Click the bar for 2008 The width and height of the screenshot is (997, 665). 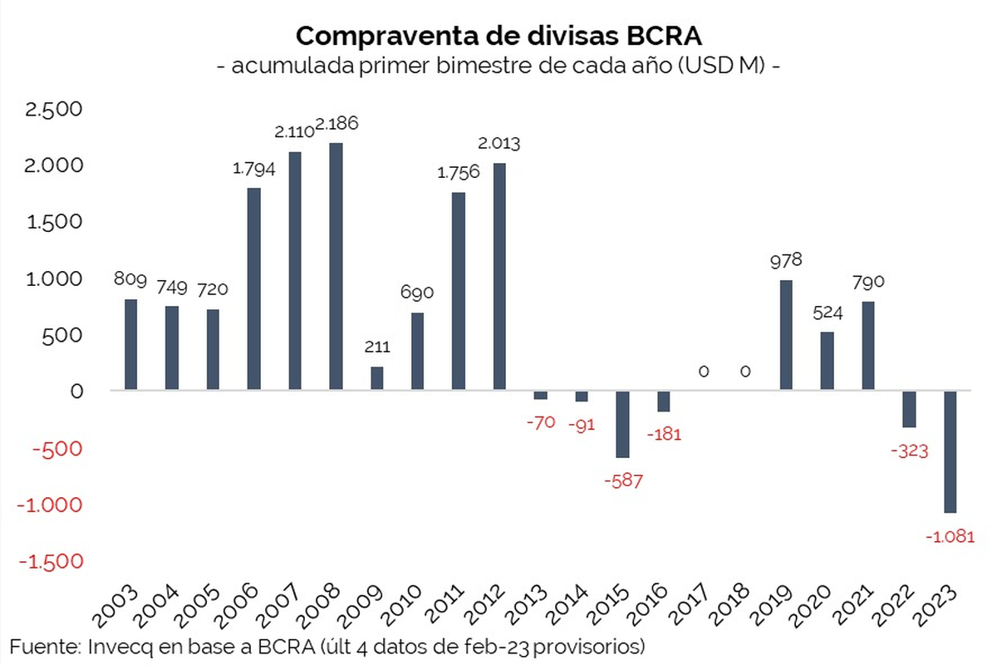[336, 266]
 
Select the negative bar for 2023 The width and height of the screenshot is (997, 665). [950, 451]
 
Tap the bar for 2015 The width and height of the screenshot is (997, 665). [622, 424]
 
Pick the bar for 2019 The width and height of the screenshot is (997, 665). [786, 335]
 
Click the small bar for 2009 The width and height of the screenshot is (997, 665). [376, 378]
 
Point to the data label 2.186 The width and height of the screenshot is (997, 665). [337, 124]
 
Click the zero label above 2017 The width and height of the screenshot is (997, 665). [704, 372]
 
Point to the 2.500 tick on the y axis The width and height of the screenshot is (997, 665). [56, 109]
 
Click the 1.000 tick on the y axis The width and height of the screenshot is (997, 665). [56, 278]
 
